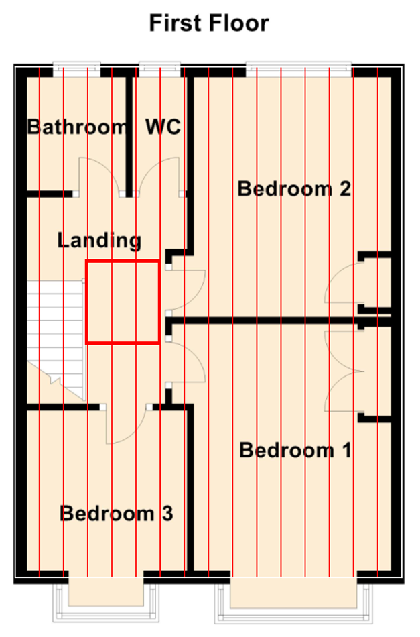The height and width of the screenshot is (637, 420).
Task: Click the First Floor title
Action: (209, 23)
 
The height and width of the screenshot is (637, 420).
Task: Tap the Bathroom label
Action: (77, 127)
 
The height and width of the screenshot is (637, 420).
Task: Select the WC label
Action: (163, 127)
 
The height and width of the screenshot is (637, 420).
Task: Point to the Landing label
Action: (99, 241)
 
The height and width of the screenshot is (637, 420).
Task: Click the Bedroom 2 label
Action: (294, 189)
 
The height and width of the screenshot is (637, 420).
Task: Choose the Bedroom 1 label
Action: (295, 450)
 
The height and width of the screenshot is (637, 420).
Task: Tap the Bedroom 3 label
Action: (117, 514)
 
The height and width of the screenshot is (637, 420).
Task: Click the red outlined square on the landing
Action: (123, 261)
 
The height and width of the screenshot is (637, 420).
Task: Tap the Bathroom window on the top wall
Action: (76, 69)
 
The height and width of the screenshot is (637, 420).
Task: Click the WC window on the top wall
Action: (159, 69)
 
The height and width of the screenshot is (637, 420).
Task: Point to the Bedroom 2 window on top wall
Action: (299, 69)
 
